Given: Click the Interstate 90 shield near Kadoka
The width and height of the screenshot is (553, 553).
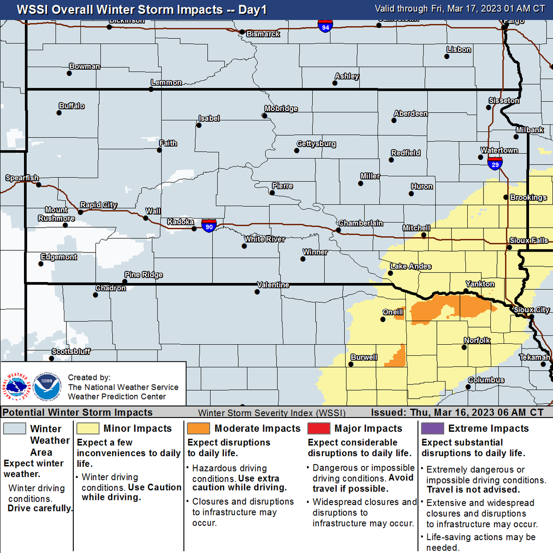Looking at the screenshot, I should point(209,225).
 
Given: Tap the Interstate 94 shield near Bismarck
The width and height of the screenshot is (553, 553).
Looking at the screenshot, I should point(325,26).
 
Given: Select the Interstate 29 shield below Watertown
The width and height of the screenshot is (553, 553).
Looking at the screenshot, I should point(495,163).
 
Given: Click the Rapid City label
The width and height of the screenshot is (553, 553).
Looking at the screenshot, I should point(99,205).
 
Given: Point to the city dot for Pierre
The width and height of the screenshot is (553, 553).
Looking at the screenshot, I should point(272,193).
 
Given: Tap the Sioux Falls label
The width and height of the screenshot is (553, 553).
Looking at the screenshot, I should point(529,241).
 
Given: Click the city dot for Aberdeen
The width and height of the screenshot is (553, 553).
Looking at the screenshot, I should point(394,121).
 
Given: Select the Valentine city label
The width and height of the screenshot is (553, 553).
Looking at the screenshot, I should point(273,285).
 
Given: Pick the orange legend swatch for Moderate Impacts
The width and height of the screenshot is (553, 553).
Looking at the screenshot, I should point(199,429).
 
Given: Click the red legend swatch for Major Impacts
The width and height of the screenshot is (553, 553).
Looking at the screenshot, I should point(319,429).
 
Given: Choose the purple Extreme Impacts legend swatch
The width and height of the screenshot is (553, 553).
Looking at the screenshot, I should point(432,429).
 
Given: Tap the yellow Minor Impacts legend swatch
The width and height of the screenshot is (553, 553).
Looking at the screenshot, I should point(88,429).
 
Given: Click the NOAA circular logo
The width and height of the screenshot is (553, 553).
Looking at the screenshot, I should point(47,386).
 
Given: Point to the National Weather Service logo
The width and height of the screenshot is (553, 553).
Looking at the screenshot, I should point(17,386).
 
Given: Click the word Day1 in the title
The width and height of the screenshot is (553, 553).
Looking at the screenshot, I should point(252,10).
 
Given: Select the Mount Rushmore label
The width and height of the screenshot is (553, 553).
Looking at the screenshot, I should point(56,214).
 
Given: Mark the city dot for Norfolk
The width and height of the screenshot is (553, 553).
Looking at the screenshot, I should point(464,347).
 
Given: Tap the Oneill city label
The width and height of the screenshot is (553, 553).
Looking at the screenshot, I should point(393,312).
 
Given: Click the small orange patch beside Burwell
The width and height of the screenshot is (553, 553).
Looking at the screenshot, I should point(397,356).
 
